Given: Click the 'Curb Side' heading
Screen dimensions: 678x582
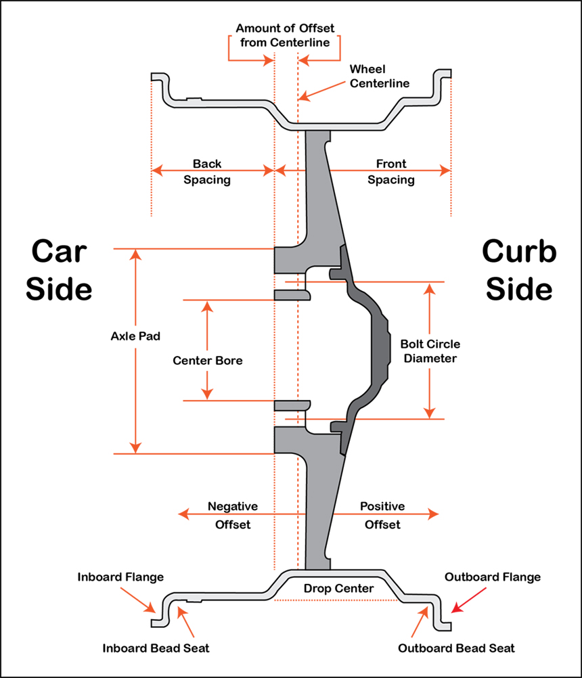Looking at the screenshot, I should coord(519,271).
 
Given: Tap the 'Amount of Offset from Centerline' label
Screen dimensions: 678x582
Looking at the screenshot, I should coord(284,36).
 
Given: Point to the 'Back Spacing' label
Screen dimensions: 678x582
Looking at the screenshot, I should coord(207,172).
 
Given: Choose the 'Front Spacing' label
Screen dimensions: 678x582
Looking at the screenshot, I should coord(391,172).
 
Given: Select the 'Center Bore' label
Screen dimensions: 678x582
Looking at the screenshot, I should coord(208,361).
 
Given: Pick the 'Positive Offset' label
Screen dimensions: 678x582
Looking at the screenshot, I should coord(382,515).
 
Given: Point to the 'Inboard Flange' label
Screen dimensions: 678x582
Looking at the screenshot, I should coord(120,577).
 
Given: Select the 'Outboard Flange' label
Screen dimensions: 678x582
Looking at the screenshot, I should coord(492,577).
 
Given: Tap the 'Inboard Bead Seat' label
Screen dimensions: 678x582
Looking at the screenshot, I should coord(156,648).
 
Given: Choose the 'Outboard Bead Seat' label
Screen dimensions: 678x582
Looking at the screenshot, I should coord(456,648).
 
